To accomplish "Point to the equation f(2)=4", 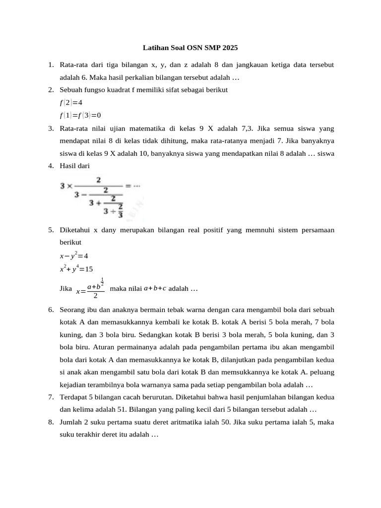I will (x=70, y=103).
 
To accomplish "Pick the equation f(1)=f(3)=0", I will (x=80, y=115).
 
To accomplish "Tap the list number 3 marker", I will (x=51, y=128).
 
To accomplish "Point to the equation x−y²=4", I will (x=73, y=256).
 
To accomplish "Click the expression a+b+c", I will (x=155, y=288).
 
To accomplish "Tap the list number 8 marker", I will (x=51, y=422).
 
